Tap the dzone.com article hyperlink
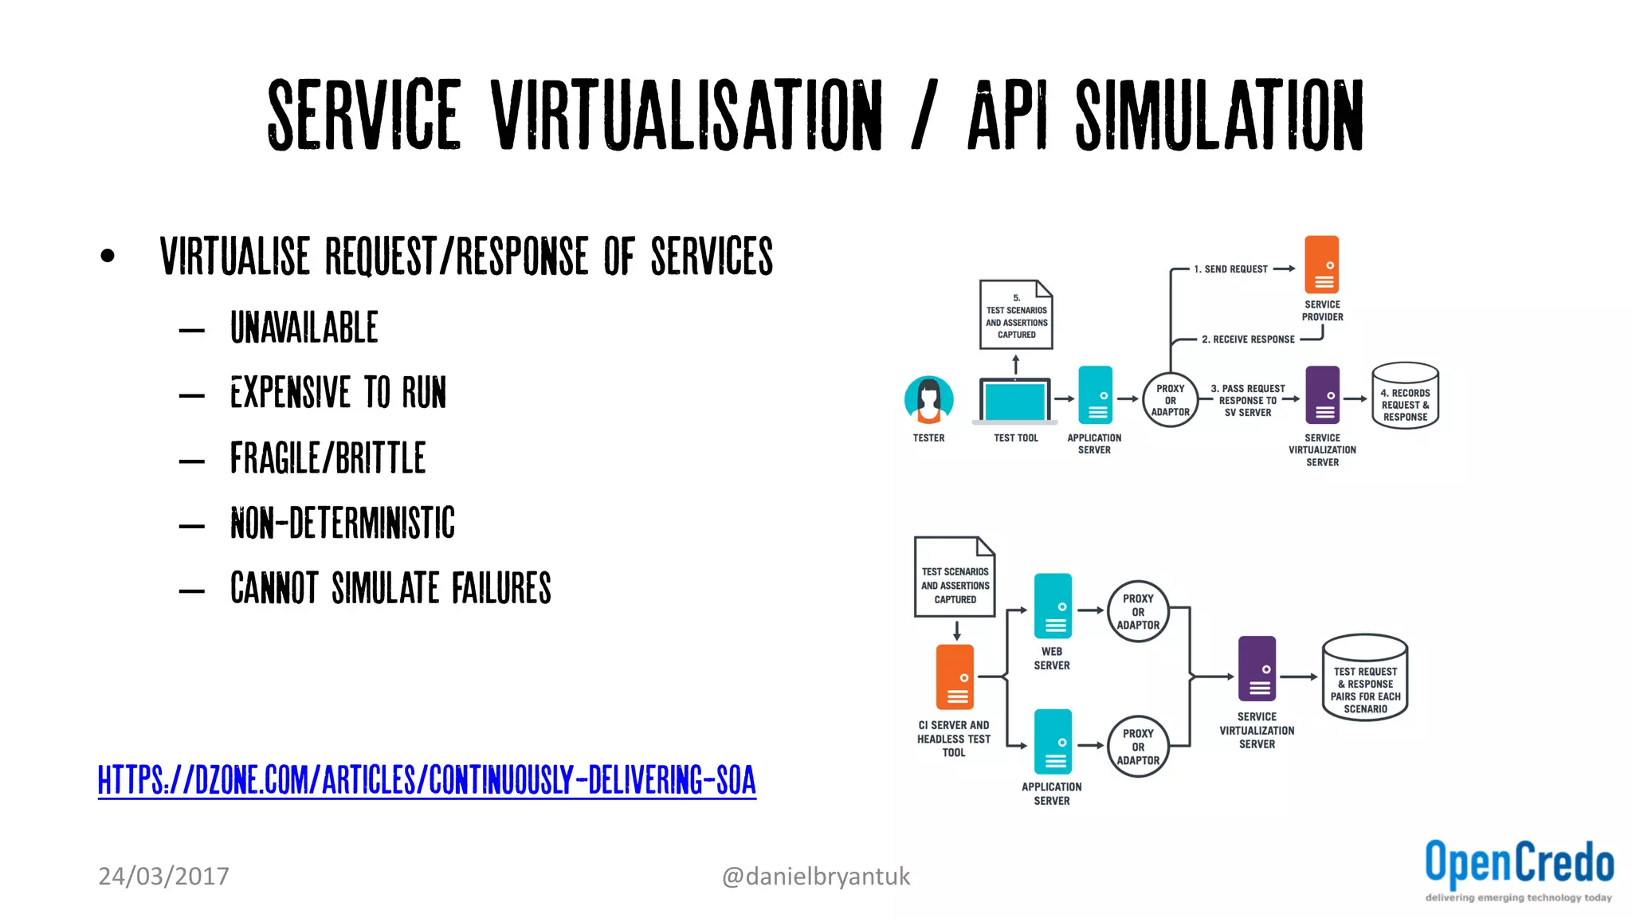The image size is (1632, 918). pyautogui.click(x=426, y=780)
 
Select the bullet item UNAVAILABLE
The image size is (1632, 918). pyautogui.click(x=304, y=328)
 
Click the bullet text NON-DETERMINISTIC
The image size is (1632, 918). pyautogui.click(x=342, y=524)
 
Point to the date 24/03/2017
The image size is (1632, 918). pyautogui.click(x=163, y=876)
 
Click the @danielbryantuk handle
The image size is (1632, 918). pyautogui.click(x=815, y=876)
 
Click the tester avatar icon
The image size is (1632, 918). pyautogui.click(x=928, y=399)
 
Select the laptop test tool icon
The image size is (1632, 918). pyautogui.click(x=1015, y=401)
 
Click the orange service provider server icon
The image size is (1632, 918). pyautogui.click(x=1321, y=265)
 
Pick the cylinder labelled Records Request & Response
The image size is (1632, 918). pyautogui.click(x=1405, y=396)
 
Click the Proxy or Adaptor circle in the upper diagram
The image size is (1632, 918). pyautogui.click(x=1170, y=400)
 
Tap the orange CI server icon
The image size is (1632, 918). pyautogui.click(x=955, y=677)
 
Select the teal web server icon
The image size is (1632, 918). pyautogui.click(x=1053, y=606)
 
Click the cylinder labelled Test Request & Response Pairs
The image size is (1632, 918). pyautogui.click(x=1365, y=678)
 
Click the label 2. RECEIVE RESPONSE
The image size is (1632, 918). pyautogui.click(x=1248, y=339)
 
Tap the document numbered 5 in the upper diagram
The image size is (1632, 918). pyautogui.click(x=1016, y=315)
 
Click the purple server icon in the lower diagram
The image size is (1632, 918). pyautogui.click(x=1257, y=669)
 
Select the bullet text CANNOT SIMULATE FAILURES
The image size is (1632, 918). pyautogui.click(x=390, y=588)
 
